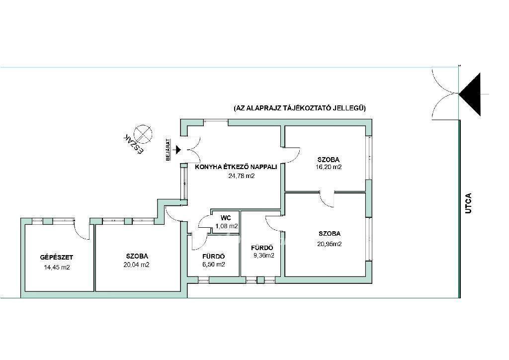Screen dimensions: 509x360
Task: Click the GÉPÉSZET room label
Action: pos(57,258)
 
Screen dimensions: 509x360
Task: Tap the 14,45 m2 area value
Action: pos(57,268)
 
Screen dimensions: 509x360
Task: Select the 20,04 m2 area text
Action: pos(136,265)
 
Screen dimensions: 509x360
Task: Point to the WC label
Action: pos(225,218)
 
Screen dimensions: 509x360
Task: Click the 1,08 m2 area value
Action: pos(227,226)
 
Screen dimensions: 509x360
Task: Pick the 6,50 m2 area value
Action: pos(214,264)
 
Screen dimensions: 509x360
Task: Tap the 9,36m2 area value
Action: pos(264,256)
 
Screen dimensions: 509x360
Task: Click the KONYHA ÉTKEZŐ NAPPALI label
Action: pos(236,167)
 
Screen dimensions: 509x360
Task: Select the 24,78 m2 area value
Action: pos(242,176)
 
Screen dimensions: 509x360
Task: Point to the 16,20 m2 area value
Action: pos(329,167)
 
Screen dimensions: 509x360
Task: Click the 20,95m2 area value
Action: pos(330,244)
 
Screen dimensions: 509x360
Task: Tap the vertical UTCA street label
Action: pos(468,203)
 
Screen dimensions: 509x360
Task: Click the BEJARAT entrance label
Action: pos(168,150)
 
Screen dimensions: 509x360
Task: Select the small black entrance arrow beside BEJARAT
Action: pos(177,150)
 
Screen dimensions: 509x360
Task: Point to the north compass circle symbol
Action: pos(143,134)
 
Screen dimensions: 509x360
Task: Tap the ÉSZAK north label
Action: pos(134,144)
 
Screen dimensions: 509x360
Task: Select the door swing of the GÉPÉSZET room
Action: pos(82,230)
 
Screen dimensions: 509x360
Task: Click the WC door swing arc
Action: pos(204,223)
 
